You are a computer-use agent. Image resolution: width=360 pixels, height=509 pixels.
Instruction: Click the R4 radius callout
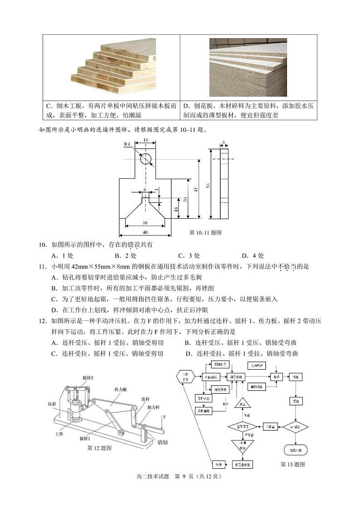tap(128, 144)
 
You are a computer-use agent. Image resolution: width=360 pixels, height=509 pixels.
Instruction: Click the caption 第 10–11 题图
tap(205, 233)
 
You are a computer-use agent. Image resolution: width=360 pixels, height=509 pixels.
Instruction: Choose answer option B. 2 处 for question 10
tap(123, 255)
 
